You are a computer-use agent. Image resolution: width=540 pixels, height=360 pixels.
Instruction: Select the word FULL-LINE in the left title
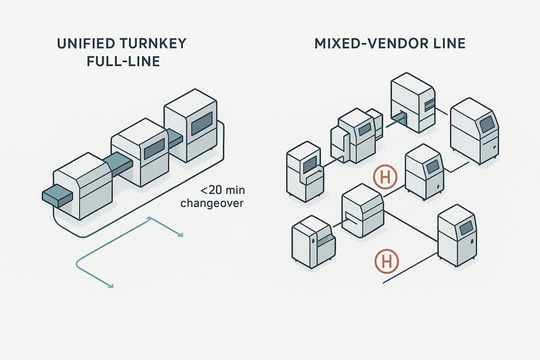tap(123, 62)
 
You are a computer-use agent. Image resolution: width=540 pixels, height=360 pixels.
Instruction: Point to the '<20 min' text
tap(223, 191)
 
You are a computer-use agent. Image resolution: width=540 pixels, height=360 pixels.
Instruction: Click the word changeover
tap(212, 203)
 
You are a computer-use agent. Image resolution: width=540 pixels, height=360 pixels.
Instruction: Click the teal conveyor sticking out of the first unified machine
tap(56, 197)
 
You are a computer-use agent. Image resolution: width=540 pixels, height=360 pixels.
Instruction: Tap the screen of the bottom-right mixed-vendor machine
tap(465, 229)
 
